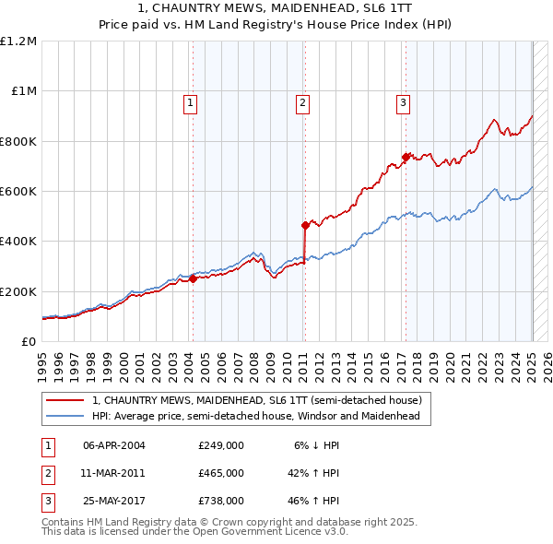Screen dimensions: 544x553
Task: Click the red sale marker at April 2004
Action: [194, 279]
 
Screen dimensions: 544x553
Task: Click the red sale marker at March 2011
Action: [305, 225]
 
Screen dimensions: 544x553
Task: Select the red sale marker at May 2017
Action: [406, 156]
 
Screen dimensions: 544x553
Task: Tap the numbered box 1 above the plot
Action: [190, 103]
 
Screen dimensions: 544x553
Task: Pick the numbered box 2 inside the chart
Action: [302, 103]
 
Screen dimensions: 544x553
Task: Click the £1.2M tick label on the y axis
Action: [18, 41]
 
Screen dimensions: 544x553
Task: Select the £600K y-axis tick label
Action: [18, 192]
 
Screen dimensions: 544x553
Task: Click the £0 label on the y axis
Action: [28, 341]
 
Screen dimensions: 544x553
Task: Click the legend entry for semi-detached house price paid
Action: [256, 400]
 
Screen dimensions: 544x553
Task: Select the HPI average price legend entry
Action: [255, 416]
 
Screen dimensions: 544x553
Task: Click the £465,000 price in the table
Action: [221, 473]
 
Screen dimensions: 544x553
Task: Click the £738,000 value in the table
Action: [221, 501]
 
